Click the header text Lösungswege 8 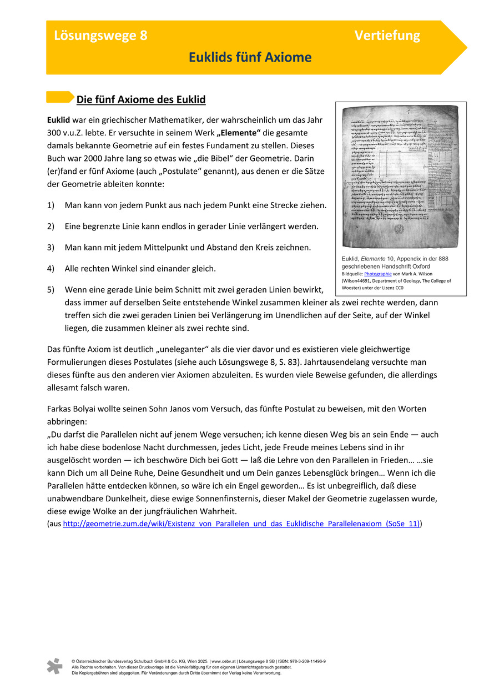point(100,36)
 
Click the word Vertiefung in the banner point(387,36)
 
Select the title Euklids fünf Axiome point(250,58)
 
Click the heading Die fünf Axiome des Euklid point(141,100)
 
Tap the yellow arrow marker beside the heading point(60,97)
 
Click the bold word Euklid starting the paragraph point(58,120)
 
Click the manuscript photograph point(401,177)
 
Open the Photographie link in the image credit point(377,274)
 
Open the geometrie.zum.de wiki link point(241,524)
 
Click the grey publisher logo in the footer point(54,666)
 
